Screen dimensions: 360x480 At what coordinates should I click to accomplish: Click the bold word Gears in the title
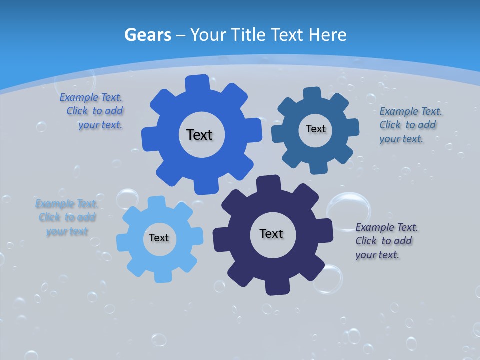[148, 35]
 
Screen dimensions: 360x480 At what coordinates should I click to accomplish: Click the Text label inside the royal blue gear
[199, 135]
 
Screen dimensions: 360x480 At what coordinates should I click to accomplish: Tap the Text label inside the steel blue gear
[315, 129]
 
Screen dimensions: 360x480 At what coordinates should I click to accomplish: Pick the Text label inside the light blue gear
[159, 238]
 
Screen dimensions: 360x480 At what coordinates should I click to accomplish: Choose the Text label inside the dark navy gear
[271, 233]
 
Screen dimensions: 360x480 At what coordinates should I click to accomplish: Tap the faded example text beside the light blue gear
[67, 217]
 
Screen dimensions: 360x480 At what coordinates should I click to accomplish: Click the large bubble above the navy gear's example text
[349, 210]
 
